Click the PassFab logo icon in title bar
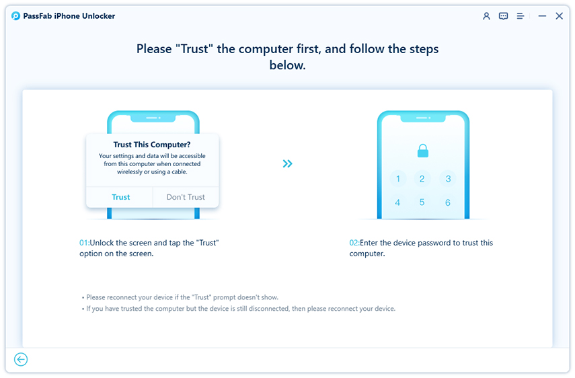[x=15, y=16]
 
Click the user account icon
[x=486, y=16]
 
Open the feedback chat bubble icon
[x=503, y=16]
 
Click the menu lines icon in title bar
[x=521, y=16]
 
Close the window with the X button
[x=559, y=16]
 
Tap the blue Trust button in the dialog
[x=121, y=197]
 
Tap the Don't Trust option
[x=186, y=197]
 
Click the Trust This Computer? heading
[x=153, y=144]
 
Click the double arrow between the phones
[x=288, y=163]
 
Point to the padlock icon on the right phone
[x=422, y=151]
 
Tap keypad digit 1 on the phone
[x=398, y=179]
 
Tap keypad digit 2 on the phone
[x=422, y=179]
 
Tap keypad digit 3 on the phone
[x=447, y=179]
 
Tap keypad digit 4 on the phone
[x=398, y=202]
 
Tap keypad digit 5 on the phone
[x=422, y=202]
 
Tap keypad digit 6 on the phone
[x=447, y=202]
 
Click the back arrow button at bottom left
[x=21, y=359]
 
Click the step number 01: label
[x=85, y=243]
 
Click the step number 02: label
[x=355, y=243]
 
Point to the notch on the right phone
[x=422, y=118]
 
